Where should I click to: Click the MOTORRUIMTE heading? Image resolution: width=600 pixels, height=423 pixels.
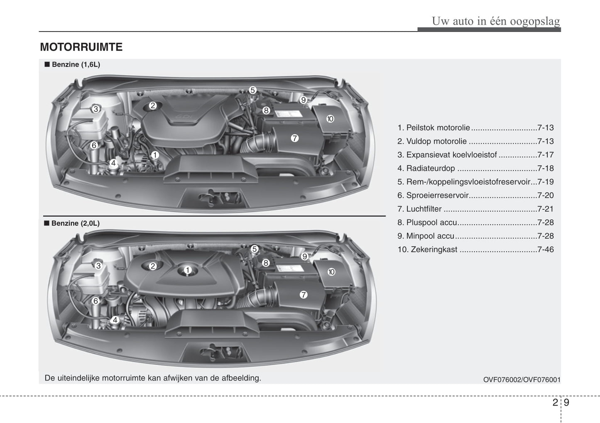pos(81,47)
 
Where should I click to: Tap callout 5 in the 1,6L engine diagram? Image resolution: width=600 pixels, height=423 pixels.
pos(252,90)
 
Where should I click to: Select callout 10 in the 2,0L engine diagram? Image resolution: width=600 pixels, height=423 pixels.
pos(331,272)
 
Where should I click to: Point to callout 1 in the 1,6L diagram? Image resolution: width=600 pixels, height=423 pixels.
pos(155,155)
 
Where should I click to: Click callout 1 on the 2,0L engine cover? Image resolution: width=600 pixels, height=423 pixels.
pos(188,270)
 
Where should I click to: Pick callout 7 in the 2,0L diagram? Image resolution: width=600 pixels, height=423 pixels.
pos(303,295)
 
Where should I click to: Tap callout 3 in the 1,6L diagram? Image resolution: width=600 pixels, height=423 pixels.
pos(96,109)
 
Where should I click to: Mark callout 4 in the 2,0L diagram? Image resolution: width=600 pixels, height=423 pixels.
pos(115,320)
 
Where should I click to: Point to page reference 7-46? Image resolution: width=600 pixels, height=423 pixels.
pos(546,249)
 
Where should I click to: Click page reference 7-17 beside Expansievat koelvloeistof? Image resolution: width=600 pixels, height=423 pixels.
pos(546,155)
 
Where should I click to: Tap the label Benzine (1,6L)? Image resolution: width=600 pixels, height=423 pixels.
pos(76,64)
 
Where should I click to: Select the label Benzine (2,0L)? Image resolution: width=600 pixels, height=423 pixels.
pos(76,223)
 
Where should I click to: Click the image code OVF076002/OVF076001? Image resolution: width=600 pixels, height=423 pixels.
pos(522,380)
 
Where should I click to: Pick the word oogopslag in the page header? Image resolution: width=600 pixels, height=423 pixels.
pos(535,21)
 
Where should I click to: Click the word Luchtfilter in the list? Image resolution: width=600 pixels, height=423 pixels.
pos(424,209)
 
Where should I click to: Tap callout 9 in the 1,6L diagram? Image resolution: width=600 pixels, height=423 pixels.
pos(303,100)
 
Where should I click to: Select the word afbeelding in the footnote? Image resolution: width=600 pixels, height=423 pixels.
pos(241,378)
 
